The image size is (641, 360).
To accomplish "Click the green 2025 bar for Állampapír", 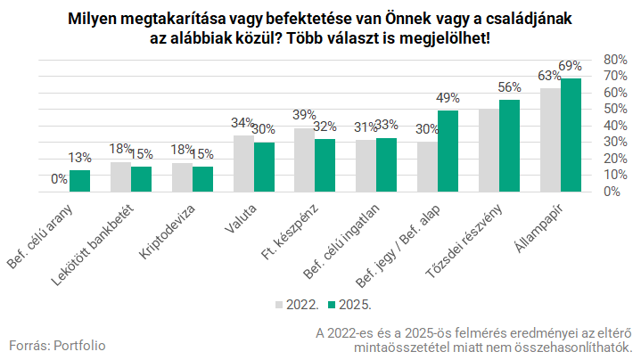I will (x=571, y=135).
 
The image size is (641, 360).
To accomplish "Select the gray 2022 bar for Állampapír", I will (x=550, y=140).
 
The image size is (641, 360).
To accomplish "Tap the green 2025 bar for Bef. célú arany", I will (x=80, y=181).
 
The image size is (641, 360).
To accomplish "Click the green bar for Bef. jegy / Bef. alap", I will (x=448, y=151).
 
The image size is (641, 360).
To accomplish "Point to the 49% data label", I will (x=448, y=99).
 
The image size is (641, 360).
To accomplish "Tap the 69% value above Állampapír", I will (x=571, y=66).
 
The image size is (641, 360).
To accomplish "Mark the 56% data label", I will (x=509, y=87).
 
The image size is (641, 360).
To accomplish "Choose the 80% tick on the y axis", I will (x=617, y=59).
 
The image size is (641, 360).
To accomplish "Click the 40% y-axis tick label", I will (x=617, y=125).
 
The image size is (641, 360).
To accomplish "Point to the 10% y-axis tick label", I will (x=617, y=175).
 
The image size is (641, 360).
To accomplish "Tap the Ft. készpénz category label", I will (x=294, y=232).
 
